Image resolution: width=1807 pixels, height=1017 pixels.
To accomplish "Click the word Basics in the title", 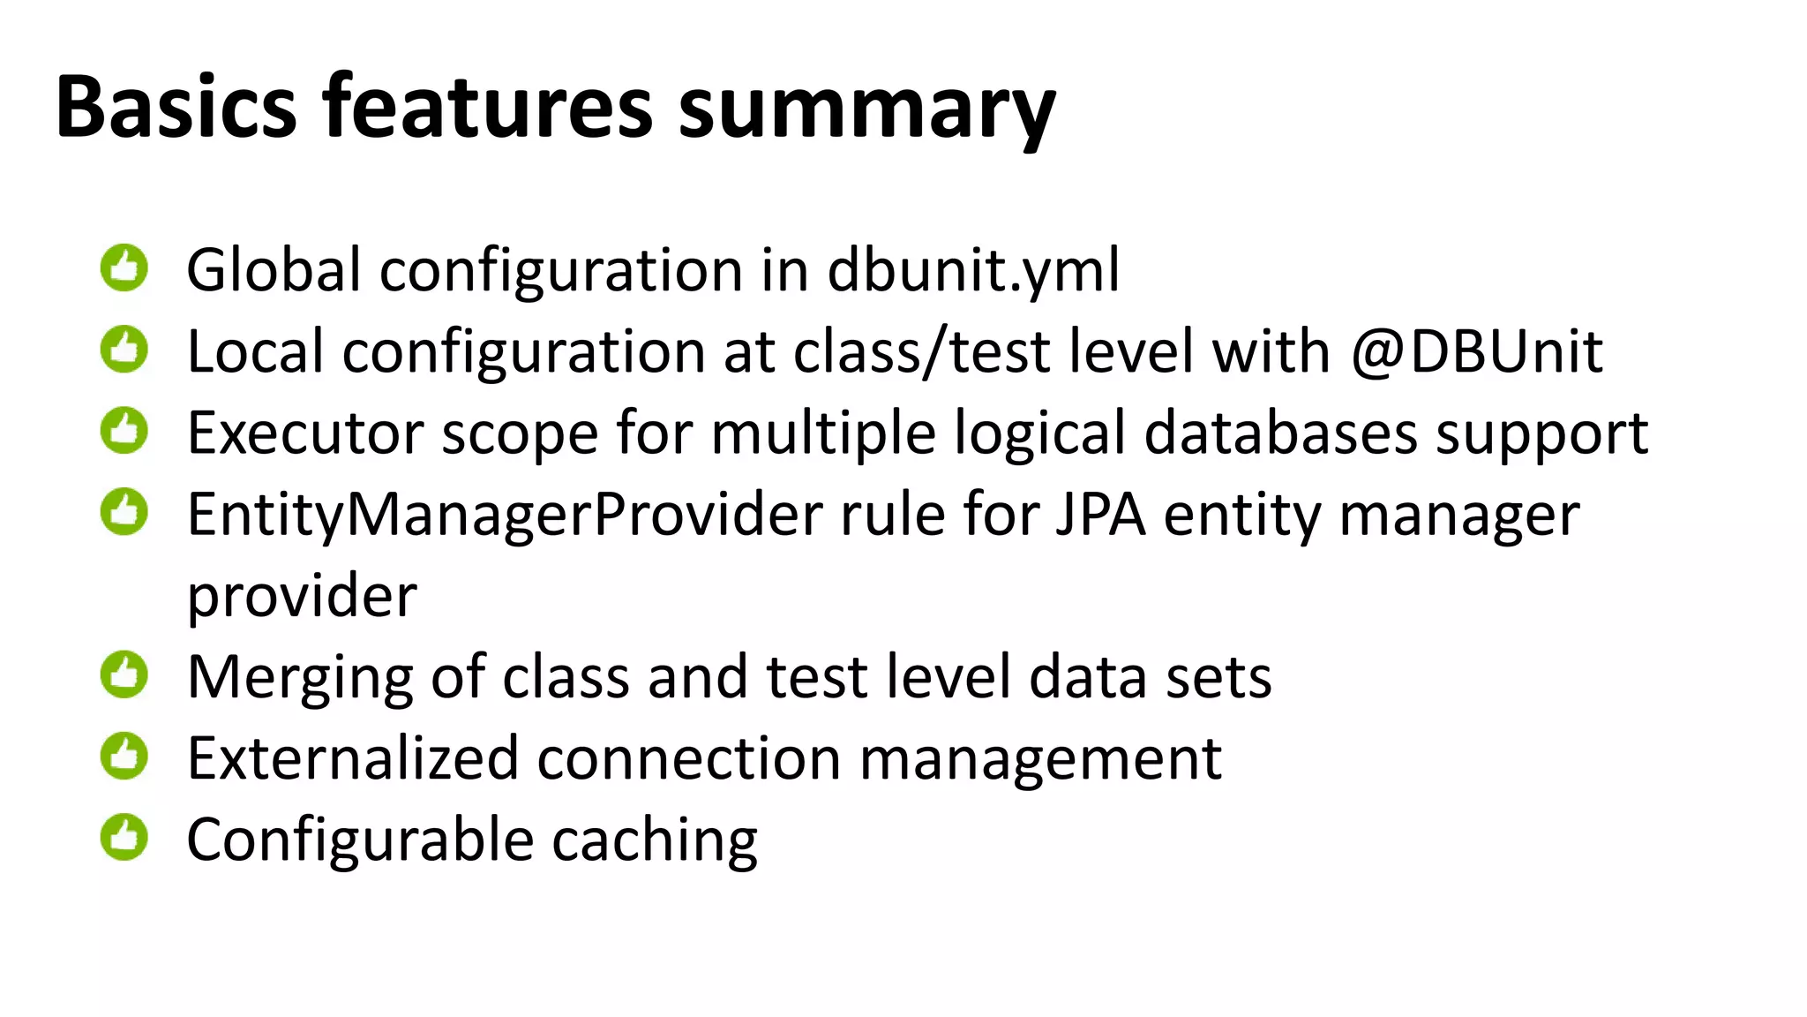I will pos(176,108).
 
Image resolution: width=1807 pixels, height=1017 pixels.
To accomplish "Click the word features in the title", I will pos(487,108).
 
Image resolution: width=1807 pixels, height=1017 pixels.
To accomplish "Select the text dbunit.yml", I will pos(973,270).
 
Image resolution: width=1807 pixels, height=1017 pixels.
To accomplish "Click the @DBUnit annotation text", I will pos(1476,352).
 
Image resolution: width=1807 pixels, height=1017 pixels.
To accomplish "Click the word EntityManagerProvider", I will pos(505,515).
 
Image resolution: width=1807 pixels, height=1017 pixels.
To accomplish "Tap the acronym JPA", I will pos(1100,515).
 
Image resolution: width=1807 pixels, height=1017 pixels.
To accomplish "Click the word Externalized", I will pos(353,759).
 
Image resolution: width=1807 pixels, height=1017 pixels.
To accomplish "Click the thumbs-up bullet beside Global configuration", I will pos(124,267).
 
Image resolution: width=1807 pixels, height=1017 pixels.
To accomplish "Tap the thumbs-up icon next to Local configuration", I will pos(124,350).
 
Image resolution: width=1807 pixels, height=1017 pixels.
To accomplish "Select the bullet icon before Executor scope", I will pos(124,431).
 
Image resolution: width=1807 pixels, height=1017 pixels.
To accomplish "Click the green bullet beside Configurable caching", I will pos(124,837).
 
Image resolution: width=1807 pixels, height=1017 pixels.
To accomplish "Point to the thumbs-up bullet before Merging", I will pos(124,674).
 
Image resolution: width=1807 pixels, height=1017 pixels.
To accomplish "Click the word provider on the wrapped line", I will pos(302,597).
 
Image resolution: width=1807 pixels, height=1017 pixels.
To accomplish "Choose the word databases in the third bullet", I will pos(1280,433).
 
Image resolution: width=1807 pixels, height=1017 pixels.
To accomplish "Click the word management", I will pos(1040,759).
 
